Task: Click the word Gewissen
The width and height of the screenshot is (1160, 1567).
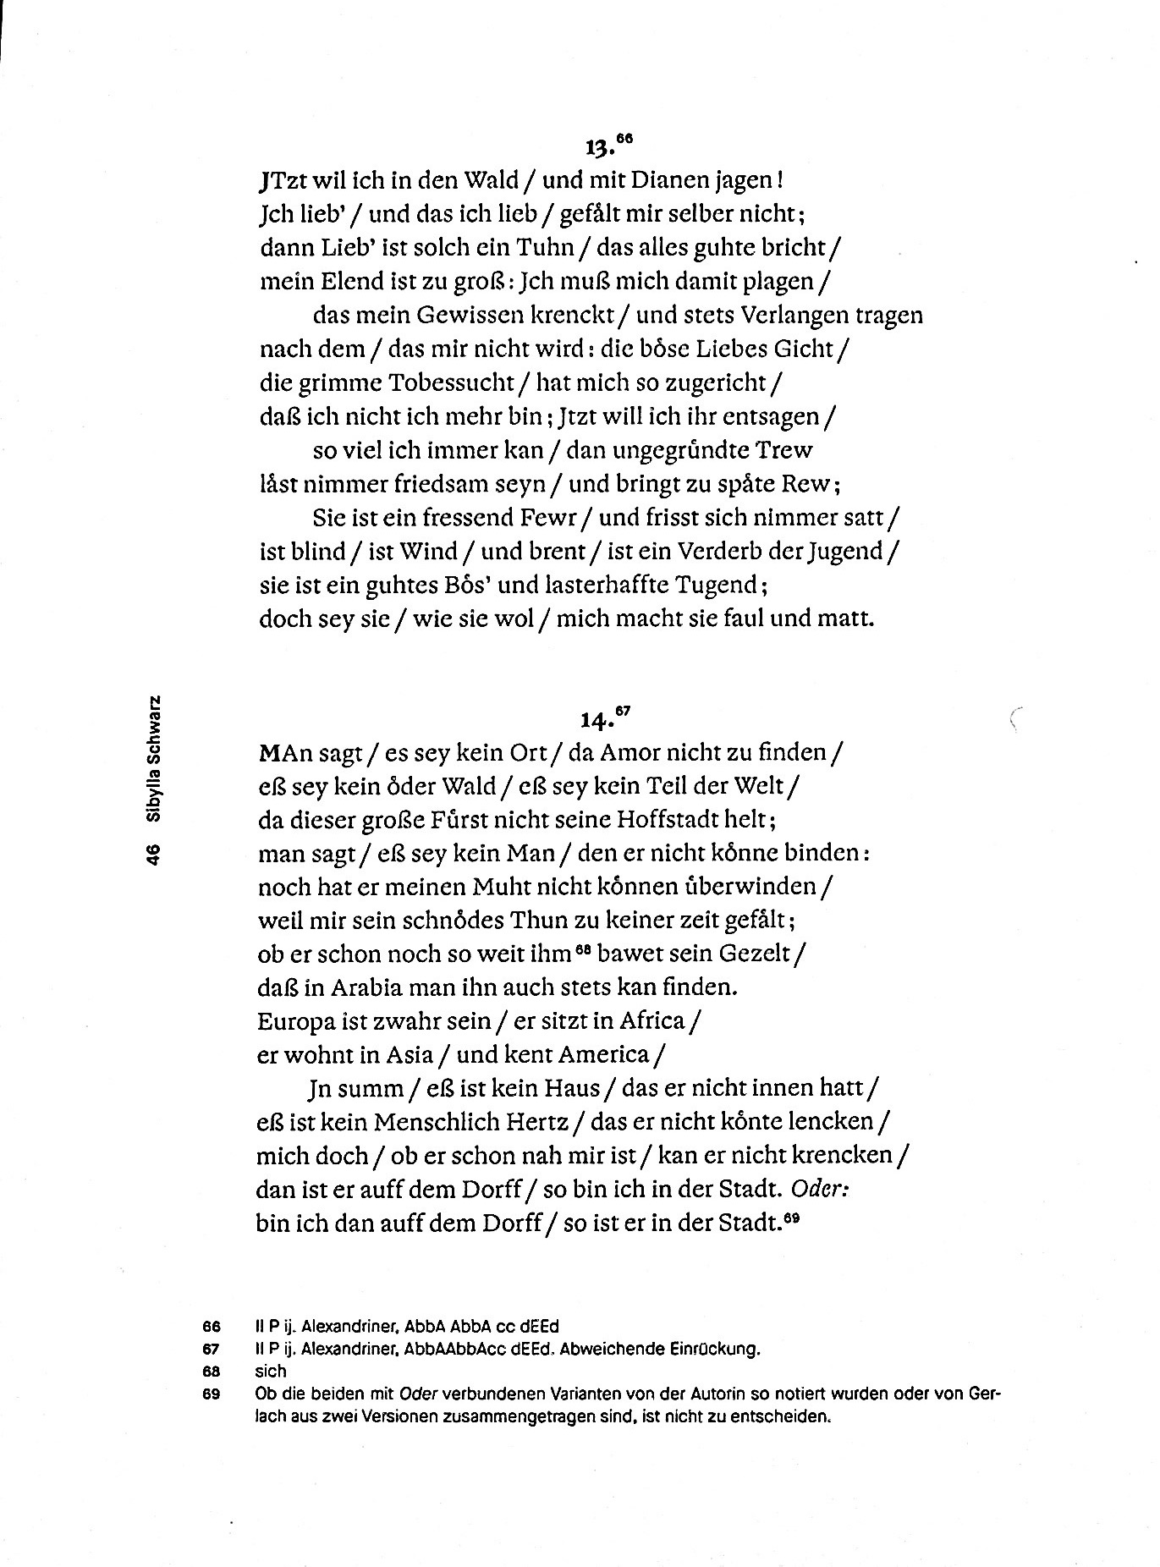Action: point(469,316)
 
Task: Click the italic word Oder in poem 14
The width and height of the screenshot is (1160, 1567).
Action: point(819,1189)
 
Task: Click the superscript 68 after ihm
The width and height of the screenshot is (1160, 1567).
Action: point(581,948)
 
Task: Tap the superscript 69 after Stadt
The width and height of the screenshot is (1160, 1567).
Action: point(791,1218)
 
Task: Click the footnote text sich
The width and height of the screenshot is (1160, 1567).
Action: point(271,1372)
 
